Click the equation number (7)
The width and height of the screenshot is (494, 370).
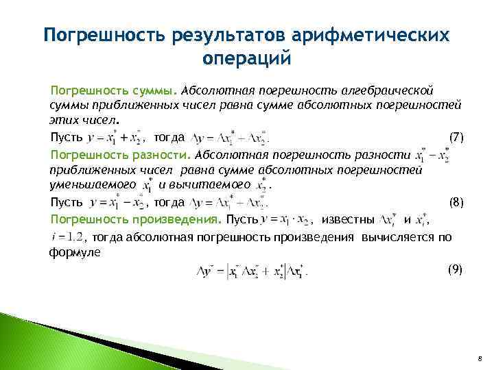456,137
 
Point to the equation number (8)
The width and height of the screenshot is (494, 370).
456,202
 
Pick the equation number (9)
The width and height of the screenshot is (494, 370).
456,269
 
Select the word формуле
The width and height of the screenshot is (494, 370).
75,252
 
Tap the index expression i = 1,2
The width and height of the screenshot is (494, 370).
67,237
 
